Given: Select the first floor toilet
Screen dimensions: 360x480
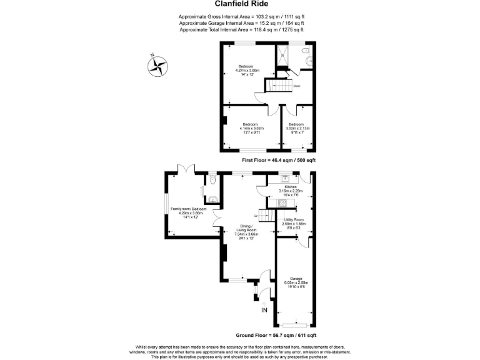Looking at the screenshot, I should pos(306,49).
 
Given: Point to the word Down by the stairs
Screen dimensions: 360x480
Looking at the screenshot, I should pos(297,86).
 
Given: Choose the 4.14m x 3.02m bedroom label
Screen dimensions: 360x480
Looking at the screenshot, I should pos(253,128).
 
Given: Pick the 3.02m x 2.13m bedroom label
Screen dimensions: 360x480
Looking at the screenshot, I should pos(297,128).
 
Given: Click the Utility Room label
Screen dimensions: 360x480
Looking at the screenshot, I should pos(293,223).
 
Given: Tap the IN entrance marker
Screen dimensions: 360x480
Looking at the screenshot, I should pos(264,310).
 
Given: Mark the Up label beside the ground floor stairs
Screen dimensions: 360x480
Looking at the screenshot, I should pos(255,216).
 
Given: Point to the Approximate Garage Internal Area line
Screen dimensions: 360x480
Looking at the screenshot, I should pos(241,23).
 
